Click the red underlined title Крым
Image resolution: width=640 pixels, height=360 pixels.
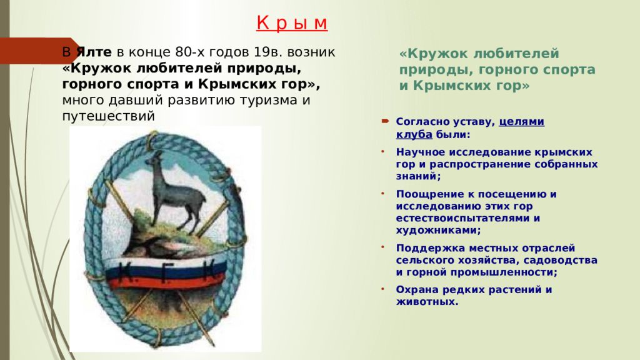click(x=292, y=23)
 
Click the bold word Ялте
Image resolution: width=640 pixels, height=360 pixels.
click(x=94, y=52)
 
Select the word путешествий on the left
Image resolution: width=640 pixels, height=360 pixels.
click(x=109, y=116)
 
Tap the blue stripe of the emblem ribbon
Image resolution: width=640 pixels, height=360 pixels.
click(x=165, y=271)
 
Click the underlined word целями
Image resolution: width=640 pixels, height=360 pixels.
click(x=522, y=122)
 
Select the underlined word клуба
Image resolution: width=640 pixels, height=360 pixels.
click(x=414, y=134)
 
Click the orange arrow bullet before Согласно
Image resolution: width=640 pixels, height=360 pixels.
click(x=385, y=121)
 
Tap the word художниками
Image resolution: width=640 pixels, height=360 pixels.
click(x=438, y=230)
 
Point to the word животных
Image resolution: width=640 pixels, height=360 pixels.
click(x=427, y=302)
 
